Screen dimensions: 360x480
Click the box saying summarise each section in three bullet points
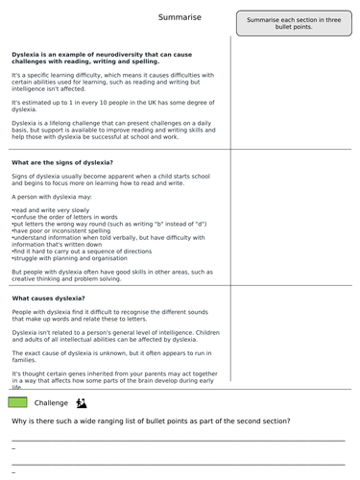294,23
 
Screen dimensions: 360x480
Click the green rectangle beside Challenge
17,401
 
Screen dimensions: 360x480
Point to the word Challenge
51,402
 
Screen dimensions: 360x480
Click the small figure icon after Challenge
82,401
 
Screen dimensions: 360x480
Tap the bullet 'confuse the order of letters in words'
67,216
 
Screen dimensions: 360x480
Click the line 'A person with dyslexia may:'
55,194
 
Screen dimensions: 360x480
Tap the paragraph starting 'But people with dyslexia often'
111,276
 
